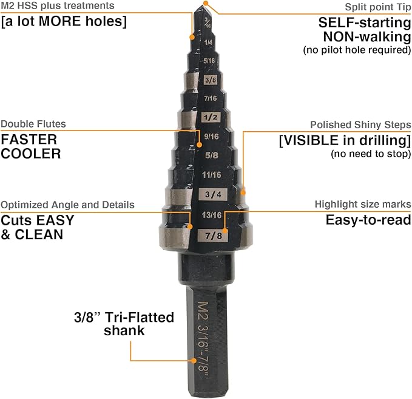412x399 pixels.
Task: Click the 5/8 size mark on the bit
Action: [x=210, y=155]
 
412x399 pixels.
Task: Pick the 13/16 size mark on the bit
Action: [x=210, y=215]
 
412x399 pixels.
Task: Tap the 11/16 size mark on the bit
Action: [x=210, y=175]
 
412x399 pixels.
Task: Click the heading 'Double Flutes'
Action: [x=33, y=124]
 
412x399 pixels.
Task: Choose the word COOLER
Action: [x=31, y=153]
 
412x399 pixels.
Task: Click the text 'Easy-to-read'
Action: [x=368, y=219]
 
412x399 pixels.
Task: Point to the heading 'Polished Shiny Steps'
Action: [x=360, y=124]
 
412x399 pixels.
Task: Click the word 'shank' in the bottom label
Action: [x=124, y=330]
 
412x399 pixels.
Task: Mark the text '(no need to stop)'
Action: [x=371, y=154]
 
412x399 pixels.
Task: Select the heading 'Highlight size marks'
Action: [x=362, y=204]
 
